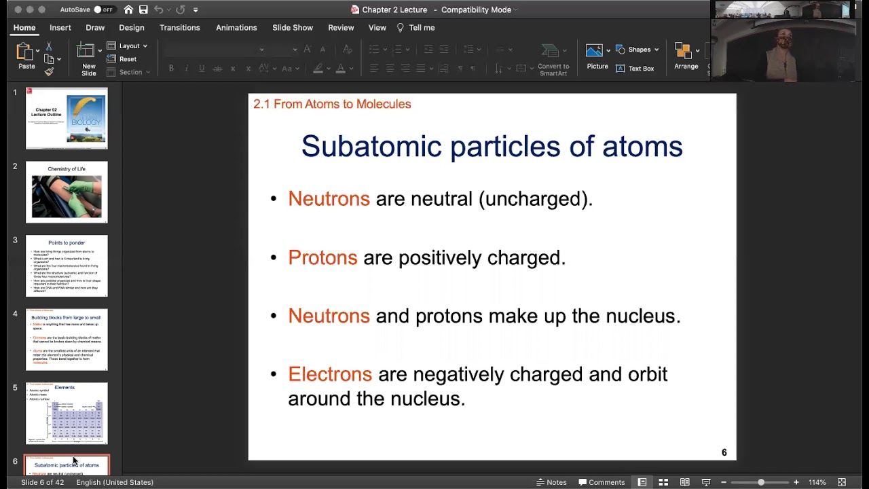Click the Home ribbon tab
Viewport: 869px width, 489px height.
click(24, 28)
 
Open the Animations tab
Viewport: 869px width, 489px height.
click(236, 28)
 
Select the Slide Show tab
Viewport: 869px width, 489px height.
click(293, 28)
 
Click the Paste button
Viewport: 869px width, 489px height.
click(26, 56)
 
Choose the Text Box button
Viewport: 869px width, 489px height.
click(635, 69)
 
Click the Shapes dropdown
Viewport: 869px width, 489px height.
click(637, 50)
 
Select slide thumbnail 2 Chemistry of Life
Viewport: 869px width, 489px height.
click(67, 192)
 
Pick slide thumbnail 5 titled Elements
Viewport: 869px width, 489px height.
click(67, 413)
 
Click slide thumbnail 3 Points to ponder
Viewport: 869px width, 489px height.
click(67, 266)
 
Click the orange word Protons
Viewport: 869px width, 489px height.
click(322, 257)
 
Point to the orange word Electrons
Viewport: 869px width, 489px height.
click(330, 374)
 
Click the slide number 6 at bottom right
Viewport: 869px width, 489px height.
click(724, 452)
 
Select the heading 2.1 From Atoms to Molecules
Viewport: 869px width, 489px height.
click(332, 104)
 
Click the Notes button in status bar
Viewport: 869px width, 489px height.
click(551, 482)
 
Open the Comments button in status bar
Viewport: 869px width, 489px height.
click(602, 482)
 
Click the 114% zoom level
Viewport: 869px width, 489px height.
click(817, 482)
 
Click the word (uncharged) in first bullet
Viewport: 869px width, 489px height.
click(535, 199)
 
